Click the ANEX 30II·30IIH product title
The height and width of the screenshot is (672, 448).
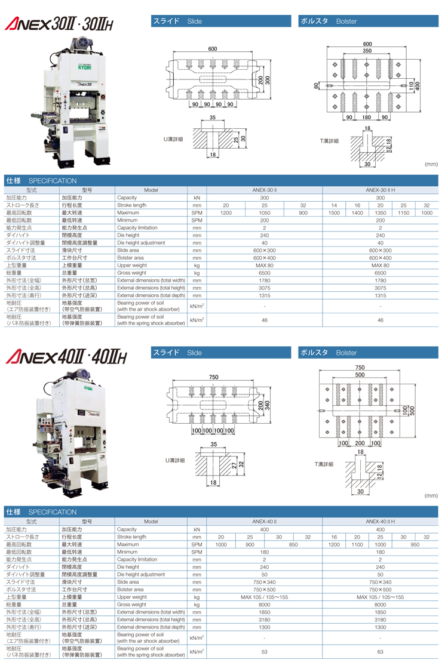59,23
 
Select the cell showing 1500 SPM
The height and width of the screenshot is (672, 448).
334,212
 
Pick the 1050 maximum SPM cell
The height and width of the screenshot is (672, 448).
264,212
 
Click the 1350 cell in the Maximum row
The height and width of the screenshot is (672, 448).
380,212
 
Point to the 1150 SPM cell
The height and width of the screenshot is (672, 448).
403,212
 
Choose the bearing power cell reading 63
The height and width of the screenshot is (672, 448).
380,652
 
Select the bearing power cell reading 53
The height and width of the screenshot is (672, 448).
264,652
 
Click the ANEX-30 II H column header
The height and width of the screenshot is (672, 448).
380,189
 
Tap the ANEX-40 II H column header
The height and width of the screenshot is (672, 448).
380,521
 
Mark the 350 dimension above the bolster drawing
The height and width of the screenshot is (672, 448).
367,52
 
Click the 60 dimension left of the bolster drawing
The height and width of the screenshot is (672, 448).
316,86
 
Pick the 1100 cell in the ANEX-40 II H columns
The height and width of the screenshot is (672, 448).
357,544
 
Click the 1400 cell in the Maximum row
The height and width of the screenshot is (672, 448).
357,212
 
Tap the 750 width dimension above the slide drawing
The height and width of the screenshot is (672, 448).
213,377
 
